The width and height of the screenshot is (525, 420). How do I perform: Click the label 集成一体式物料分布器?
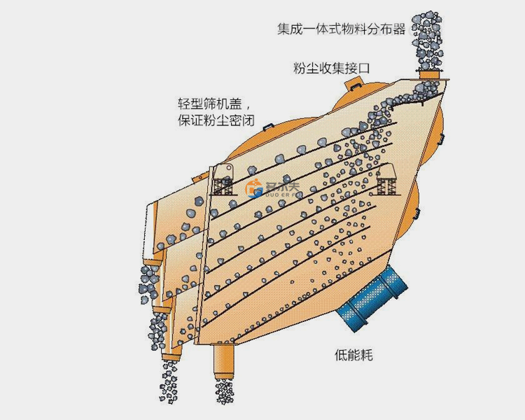tap(341, 29)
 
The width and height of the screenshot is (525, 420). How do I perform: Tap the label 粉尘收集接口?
tap(331, 68)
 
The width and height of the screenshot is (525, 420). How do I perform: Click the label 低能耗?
tap(354, 355)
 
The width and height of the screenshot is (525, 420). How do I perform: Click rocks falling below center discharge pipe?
tap(225, 393)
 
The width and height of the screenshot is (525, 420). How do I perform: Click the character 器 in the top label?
tap(400, 29)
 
